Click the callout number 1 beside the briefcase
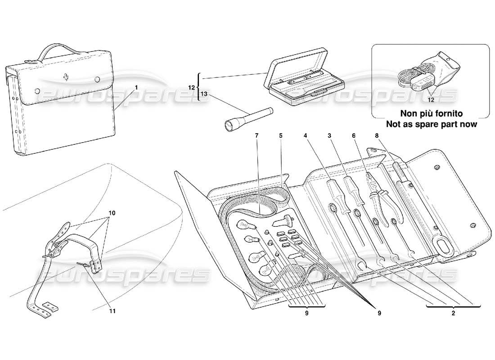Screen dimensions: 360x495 pos(136,86)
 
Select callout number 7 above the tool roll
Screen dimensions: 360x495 pos(257,135)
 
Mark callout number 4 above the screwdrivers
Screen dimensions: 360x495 pos(306,135)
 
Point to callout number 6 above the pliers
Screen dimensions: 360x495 pos(354,135)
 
